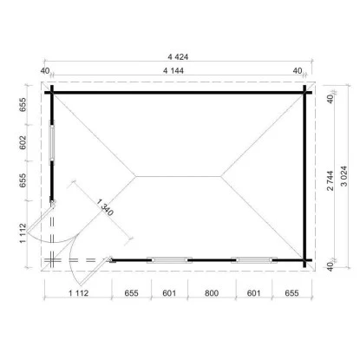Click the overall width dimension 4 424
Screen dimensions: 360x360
[178, 57]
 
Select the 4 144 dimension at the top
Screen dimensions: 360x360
[173, 70]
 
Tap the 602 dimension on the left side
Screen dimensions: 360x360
[23, 142]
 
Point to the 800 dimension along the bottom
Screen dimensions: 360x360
[212, 293]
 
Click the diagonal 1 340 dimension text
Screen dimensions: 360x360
[105, 207]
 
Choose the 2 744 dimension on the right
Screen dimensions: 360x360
[331, 180]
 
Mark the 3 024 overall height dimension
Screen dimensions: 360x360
[344, 176]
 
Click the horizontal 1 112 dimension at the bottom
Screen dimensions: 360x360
[78, 293]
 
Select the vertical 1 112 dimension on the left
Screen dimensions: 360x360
[23, 233]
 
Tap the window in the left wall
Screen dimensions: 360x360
[52, 142]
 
